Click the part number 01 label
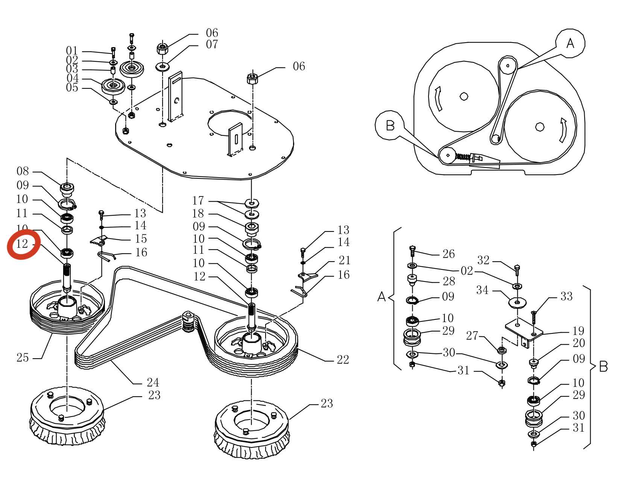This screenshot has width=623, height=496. tap(71, 51)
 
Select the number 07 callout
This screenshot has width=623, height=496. tap(212, 44)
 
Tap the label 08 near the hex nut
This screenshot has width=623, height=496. tap(23, 171)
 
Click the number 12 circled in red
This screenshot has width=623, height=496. tap(23, 244)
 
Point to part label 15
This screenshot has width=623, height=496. tap(141, 239)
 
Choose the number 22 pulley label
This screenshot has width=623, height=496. tap(343, 360)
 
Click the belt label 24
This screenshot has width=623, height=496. tap(153, 383)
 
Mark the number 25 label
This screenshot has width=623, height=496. tap(23, 358)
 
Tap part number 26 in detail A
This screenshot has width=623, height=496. tap(448, 254)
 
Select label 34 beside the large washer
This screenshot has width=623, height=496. tap(483, 290)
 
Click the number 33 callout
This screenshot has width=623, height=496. tap(566, 297)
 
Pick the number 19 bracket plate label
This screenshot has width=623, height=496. tap(578, 331)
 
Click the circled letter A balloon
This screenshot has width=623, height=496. tap(570, 43)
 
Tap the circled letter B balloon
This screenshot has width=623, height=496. tap(390, 125)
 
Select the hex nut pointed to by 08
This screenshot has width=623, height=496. tap(67, 187)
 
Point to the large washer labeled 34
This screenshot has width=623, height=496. tap(517, 302)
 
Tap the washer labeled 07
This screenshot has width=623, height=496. tap(163, 67)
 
